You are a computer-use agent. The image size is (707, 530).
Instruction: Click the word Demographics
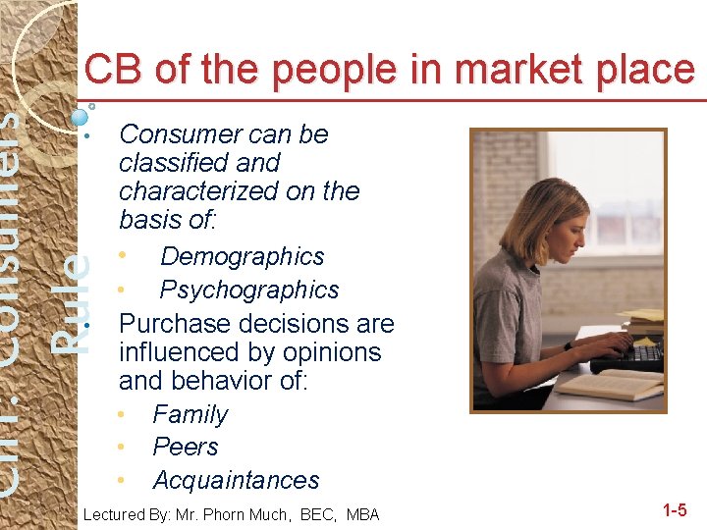[242, 257]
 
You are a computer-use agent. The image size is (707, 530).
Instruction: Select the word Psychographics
[248, 291]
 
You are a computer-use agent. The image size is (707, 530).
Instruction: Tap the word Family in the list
[190, 415]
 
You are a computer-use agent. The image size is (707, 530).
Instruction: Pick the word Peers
[185, 448]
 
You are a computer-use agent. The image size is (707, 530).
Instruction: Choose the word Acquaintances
[236, 481]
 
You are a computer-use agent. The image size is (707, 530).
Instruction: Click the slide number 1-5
[675, 510]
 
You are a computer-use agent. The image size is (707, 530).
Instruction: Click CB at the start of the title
[111, 71]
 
